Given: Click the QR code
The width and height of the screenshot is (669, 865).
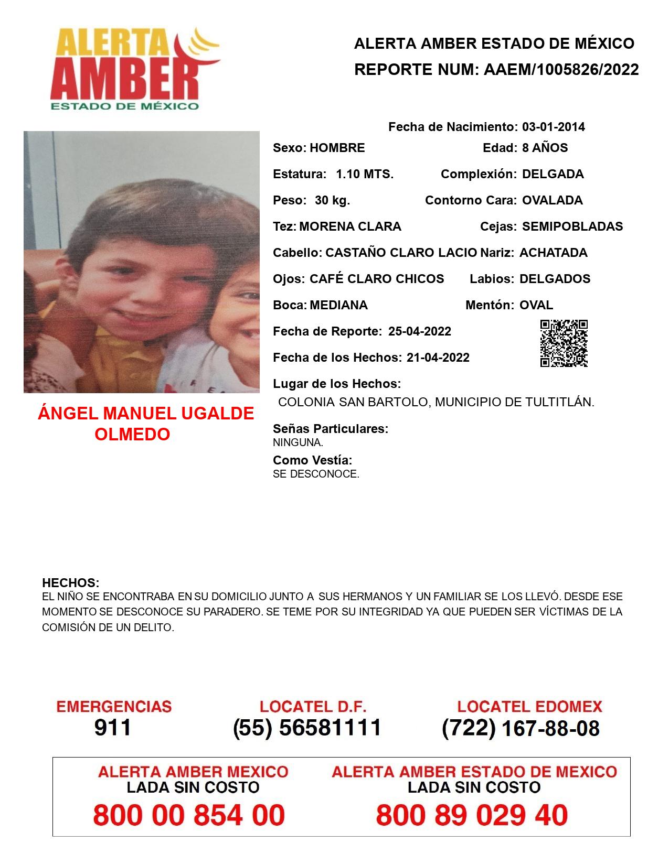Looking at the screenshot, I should pos(564,343).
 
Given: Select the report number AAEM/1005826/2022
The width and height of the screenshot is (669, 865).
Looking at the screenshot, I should pos(561,69).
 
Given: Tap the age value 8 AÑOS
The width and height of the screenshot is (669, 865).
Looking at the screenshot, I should pos(545,148).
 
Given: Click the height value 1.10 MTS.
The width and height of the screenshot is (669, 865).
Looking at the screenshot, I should pos(365,174).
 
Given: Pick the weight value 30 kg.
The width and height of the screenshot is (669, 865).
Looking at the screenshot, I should pos(332,200).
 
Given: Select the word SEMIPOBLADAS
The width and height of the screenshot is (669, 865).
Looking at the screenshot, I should pos(572,226).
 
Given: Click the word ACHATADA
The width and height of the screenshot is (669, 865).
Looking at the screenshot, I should pos(553,253).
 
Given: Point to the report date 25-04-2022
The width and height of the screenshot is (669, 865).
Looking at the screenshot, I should pos(419,331).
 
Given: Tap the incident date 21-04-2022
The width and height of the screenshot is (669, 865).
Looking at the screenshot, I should pos(438,358).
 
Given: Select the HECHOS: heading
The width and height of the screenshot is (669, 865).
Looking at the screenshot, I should pos(70,583).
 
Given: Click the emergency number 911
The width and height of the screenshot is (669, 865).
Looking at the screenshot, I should pos(113,728).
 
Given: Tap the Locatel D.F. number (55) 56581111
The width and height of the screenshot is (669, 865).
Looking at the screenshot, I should pos(307,728).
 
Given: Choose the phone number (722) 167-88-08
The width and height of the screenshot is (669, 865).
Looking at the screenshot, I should pos(521,728).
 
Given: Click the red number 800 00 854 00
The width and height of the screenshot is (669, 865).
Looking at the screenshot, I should pos(189,815).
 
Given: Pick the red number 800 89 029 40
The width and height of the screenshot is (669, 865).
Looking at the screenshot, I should pos(472,815).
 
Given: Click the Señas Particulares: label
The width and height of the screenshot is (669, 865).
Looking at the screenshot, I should pos(331,429).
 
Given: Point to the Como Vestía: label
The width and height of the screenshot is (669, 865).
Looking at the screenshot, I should pos(312,460).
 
